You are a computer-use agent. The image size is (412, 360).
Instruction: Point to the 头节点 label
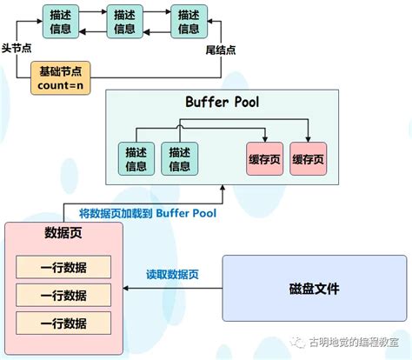click(x=17, y=50)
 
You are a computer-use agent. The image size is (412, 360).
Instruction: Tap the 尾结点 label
click(x=221, y=50)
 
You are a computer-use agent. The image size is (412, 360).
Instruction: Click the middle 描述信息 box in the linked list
click(x=124, y=21)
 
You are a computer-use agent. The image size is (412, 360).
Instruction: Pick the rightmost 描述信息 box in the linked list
click(x=189, y=21)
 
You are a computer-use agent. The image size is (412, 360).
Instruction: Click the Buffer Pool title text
click(x=223, y=103)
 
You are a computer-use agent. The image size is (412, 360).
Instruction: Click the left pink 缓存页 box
click(x=264, y=159)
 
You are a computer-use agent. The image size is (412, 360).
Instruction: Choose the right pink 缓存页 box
click(x=308, y=159)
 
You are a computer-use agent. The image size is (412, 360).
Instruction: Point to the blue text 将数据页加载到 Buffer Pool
click(x=148, y=212)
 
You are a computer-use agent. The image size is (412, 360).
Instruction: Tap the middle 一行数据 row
click(x=63, y=295)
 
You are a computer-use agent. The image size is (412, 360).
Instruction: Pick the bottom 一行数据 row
click(x=63, y=323)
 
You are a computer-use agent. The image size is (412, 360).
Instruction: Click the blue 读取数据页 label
click(x=172, y=275)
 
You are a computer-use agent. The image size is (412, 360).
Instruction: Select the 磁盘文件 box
click(x=314, y=288)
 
